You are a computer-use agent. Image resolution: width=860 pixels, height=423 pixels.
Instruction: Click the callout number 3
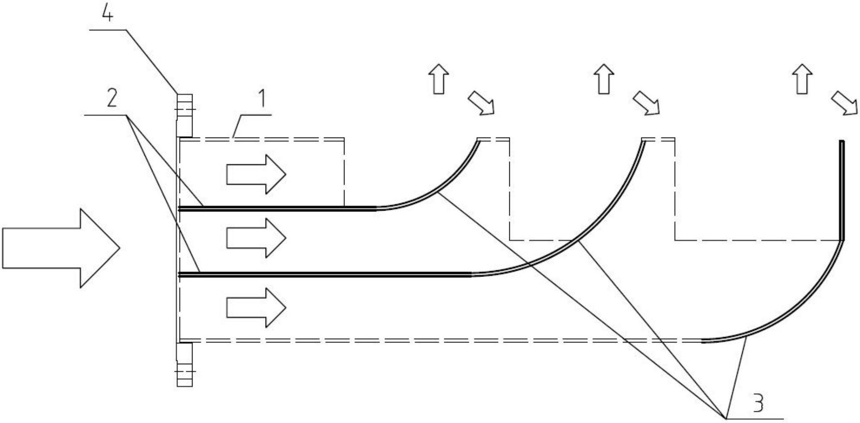coord(757,403)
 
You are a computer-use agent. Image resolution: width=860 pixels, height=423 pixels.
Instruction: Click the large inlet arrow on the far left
coord(61,248)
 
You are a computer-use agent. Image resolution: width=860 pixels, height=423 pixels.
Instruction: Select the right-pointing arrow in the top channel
coord(256,174)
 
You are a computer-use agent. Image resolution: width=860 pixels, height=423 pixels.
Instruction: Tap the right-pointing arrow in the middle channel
coord(256,238)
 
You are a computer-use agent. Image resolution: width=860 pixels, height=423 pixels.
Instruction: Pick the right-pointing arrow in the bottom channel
coord(256,308)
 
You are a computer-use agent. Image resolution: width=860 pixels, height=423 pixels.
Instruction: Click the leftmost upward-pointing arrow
coord(439,79)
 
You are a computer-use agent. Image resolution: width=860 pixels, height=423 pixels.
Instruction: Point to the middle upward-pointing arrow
coord(604,79)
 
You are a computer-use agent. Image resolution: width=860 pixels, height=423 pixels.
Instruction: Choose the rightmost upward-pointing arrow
coord(803,79)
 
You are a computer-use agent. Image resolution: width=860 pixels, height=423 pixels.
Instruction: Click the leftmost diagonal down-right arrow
coord(481,103)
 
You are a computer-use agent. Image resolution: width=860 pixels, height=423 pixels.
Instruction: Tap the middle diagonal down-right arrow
coord(647,103)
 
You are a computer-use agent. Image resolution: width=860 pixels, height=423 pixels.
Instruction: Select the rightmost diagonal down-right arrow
coord(844,103)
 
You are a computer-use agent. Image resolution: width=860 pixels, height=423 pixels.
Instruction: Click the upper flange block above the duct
coord(184,115)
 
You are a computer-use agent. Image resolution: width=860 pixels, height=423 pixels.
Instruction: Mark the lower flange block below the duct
coord(184,364)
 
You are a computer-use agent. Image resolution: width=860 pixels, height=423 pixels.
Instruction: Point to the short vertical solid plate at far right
coord(842,190)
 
